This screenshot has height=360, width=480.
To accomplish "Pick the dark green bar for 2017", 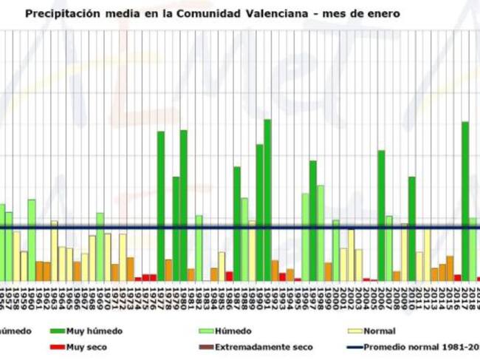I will tap(465, 200).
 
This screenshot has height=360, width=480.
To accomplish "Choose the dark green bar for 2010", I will tap(412, 228).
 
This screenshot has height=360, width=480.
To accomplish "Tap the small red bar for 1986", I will tap(229, 276).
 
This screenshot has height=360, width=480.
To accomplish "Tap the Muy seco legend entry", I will tap(85, 346).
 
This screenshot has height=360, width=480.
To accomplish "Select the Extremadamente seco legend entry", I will tap(264, 346).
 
